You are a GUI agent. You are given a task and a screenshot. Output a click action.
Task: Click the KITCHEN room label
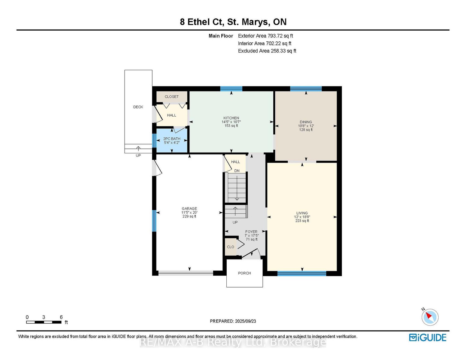pyautogui.click(x=231, y=118)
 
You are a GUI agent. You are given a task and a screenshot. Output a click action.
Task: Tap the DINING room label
pyautogui.click(x=306, y=122)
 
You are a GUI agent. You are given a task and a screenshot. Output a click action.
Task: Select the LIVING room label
pyautogui.click(x=302, y=213)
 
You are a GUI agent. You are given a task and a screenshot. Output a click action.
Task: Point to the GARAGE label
pyautogui.click(x=189, y=208)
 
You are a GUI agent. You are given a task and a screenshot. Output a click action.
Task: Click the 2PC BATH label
pyautogui.click(x=171, y=139)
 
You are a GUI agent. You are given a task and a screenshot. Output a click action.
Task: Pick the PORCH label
pyautogui.click(x=244, y=273)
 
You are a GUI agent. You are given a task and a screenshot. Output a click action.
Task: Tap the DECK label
pyautogui.click(x=138, y=107)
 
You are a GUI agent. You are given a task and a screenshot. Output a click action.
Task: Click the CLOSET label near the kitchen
pyautogui.click(x=171, y=97)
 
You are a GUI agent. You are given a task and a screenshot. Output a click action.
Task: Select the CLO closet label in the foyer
pyautogui.click(x=230, y=247)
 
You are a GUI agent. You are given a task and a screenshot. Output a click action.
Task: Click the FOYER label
pyautogui.click(x=251, y=232)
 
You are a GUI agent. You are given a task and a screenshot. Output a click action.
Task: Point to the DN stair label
pyautogui.click(x=237, y=171)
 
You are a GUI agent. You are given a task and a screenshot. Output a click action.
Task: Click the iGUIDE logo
pyautogui.click(x=428, y=337)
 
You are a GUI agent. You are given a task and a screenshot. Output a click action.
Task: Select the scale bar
pyautogui.click(x=44, y=322)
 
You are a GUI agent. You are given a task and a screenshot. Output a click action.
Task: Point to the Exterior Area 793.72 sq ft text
pyautogui.click(x=265, y=36)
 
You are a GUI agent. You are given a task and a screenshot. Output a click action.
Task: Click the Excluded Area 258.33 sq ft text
pyautogui.click(x=267, y=51)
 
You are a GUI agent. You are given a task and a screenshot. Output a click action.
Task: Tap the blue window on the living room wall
pyautogui.click(x=301, y=274)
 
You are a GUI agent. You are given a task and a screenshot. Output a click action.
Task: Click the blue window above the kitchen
pyautogui.click(x=231, y=89)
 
